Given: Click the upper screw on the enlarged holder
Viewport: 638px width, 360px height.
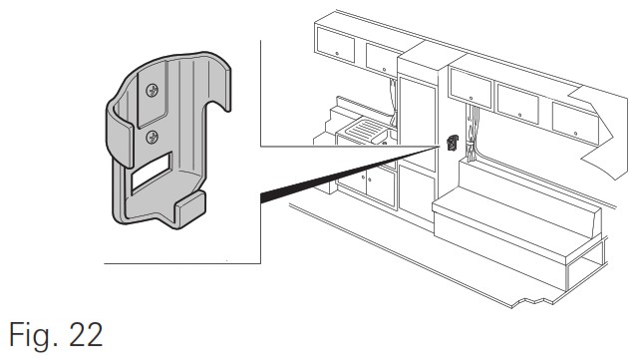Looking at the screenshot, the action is tap(153, 90).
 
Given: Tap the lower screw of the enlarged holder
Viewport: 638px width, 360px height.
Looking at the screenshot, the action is tap(153, 137).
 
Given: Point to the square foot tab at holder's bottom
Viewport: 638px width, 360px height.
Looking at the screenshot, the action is tap(190, 209).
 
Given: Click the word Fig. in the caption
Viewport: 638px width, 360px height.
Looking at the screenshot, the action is tap(34, 335).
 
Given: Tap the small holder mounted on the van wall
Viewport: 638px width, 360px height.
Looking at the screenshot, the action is tap(453, 143).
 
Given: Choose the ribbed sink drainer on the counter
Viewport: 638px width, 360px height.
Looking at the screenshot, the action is tap(364, 131).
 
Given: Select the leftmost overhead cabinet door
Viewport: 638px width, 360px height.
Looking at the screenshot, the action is tap(335, 45).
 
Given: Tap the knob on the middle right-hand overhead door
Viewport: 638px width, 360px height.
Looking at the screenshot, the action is tap(519, 116).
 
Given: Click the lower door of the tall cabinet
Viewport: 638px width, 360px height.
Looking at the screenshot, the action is tap(417, 191).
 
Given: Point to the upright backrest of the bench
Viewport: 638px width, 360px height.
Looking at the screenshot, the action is tap(529, 191).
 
